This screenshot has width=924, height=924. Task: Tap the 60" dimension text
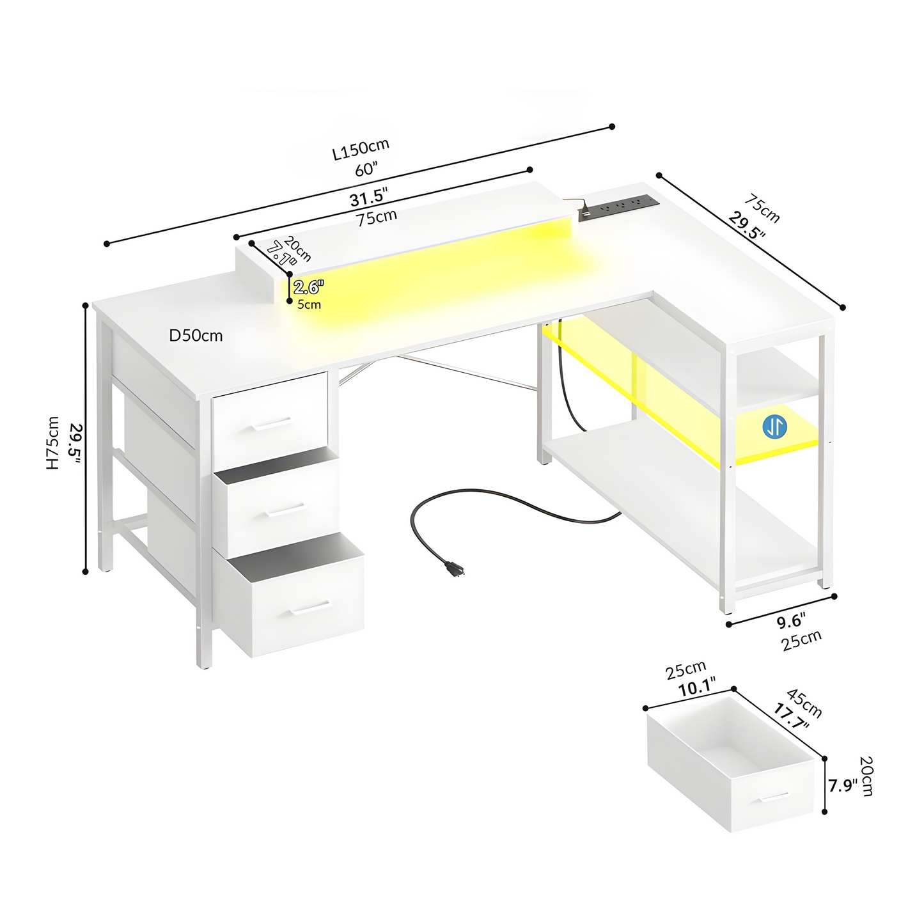coord(366,169)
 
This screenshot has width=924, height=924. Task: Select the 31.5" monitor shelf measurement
coord(368,197)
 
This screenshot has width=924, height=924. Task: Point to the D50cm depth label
coord(196,336)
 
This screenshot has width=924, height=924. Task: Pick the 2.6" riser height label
coord(309,287)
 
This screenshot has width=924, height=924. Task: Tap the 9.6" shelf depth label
coord(789,621)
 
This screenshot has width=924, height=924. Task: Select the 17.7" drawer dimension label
coord(791,723)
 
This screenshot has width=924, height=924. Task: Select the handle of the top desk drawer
coord(272,424)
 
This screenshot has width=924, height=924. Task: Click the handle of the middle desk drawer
coord(285,510)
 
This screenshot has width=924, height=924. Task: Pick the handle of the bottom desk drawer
coord(311,607)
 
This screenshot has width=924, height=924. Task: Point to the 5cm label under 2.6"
coord(309,304)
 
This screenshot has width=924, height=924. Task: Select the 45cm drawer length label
coord(804,702)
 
